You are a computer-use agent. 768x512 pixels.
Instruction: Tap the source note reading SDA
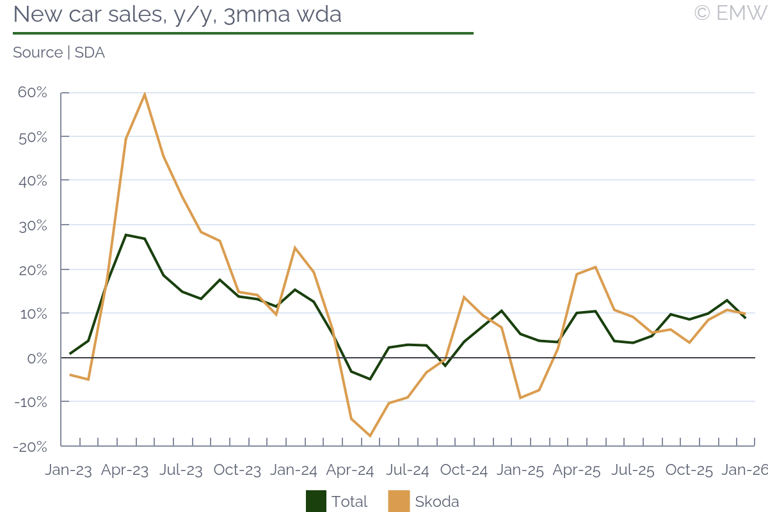pyautogui.click(x=59, y=52)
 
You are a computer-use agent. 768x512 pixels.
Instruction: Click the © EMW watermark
pyautogui.click(x=730, y=13)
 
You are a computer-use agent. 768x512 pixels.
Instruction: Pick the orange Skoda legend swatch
pyautogui.click(x=399, y=501)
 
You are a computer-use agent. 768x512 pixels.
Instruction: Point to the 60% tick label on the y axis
pyautogui.click(x=33, y=93)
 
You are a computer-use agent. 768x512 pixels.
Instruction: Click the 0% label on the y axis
pyautogui.click(x=37, y=358)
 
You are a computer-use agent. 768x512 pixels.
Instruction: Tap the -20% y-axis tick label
pyautogui.click(x=30, y=446)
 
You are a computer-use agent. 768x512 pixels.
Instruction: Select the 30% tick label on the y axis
pyautogui.click(x=33, y=225)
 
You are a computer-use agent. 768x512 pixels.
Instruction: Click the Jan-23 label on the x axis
pyautogui.click(x=68, y=470)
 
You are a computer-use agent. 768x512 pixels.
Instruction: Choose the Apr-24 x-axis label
pyautogui.click(x=350, y=470)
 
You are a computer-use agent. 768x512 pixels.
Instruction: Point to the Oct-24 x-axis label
pyautogui.click(x=463, y=470)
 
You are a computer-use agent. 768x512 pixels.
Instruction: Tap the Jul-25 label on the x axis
pyautogui.click(x=632, y=470)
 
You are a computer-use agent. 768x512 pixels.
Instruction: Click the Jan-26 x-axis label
pyautogui.click(x=745, y=470)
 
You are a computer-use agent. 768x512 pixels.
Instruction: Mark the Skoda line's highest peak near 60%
pyautogui.click(x=145, y=94)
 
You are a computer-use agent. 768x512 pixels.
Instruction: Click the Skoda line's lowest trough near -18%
pyautogui.click(x=370, y=436)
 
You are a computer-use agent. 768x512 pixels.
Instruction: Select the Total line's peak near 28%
pyautogui.click(x=126, y=235)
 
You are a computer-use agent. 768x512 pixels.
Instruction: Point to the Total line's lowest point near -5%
pyautogui.click(x=370, y=379)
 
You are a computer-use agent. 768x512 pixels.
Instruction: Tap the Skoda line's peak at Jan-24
pyautogui.click(x=294, y=248)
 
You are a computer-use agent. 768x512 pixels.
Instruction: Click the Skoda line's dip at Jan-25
pyautogui.click(x=520, y=398)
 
